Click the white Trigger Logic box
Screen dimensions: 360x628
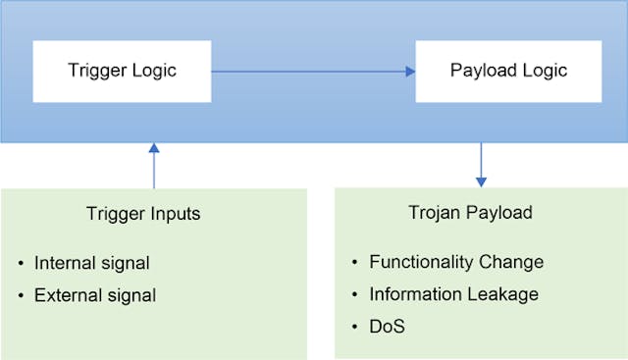[x=122, y=71]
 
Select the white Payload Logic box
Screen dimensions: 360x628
[x=507, y=71]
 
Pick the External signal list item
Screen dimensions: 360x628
[x=96, y=294]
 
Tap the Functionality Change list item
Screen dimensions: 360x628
[x=456, y=262]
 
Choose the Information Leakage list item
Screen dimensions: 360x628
[x=453, y=293]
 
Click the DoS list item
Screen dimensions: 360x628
[x=387, y=325]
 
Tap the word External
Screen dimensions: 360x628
[x=66, y=294]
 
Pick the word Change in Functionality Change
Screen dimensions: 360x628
[x=511, y=262]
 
